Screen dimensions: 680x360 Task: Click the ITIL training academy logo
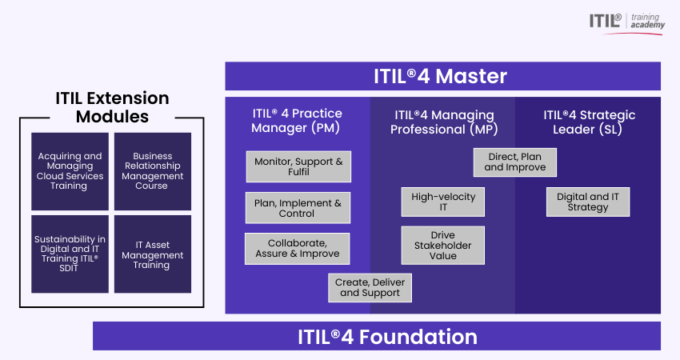click(626, 23)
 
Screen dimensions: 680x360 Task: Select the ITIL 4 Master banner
click(442, 76)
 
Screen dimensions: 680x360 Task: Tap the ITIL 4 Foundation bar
click(377, 336)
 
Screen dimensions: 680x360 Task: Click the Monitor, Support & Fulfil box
click(298, 166)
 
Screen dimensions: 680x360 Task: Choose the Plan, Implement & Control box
click(298, 208)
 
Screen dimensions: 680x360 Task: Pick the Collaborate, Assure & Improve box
click(297, 249)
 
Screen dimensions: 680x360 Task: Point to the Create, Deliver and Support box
click(370, 287)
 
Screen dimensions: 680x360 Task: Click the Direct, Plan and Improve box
click(514, 162)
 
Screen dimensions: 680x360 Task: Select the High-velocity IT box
click(442, 202)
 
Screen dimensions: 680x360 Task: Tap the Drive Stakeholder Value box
click(442, 245)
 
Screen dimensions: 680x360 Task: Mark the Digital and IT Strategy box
click(588, 202)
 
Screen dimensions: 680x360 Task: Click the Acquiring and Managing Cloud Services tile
click(70, 171)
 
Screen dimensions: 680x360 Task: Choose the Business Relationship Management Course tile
click(153, 171)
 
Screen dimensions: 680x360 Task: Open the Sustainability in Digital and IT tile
click(70, 254)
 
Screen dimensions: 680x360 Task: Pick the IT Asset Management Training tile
click(153, 254)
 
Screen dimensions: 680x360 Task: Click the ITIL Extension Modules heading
click(112, 107)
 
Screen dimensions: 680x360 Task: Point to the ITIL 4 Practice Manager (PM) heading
click(297, 121)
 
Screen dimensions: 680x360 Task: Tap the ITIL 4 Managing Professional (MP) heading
click(444, 122)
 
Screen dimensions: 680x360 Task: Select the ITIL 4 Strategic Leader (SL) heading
click(589, 122)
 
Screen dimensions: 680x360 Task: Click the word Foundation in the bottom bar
click(418, 337)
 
